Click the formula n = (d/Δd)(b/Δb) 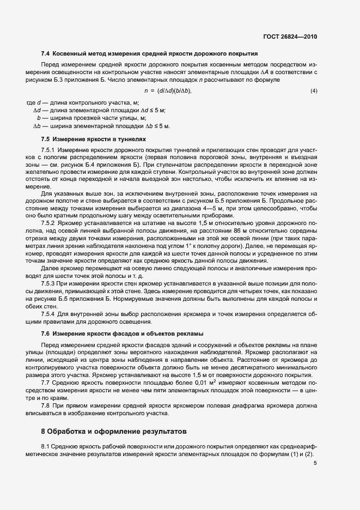(x=168, y=90)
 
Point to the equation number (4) (x=313, y=90)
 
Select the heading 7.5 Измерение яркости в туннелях (x=93, y=139)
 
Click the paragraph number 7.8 (x=46, y=405)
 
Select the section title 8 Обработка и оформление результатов (x=114, y=432)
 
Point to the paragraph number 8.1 (x=46, y=447)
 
